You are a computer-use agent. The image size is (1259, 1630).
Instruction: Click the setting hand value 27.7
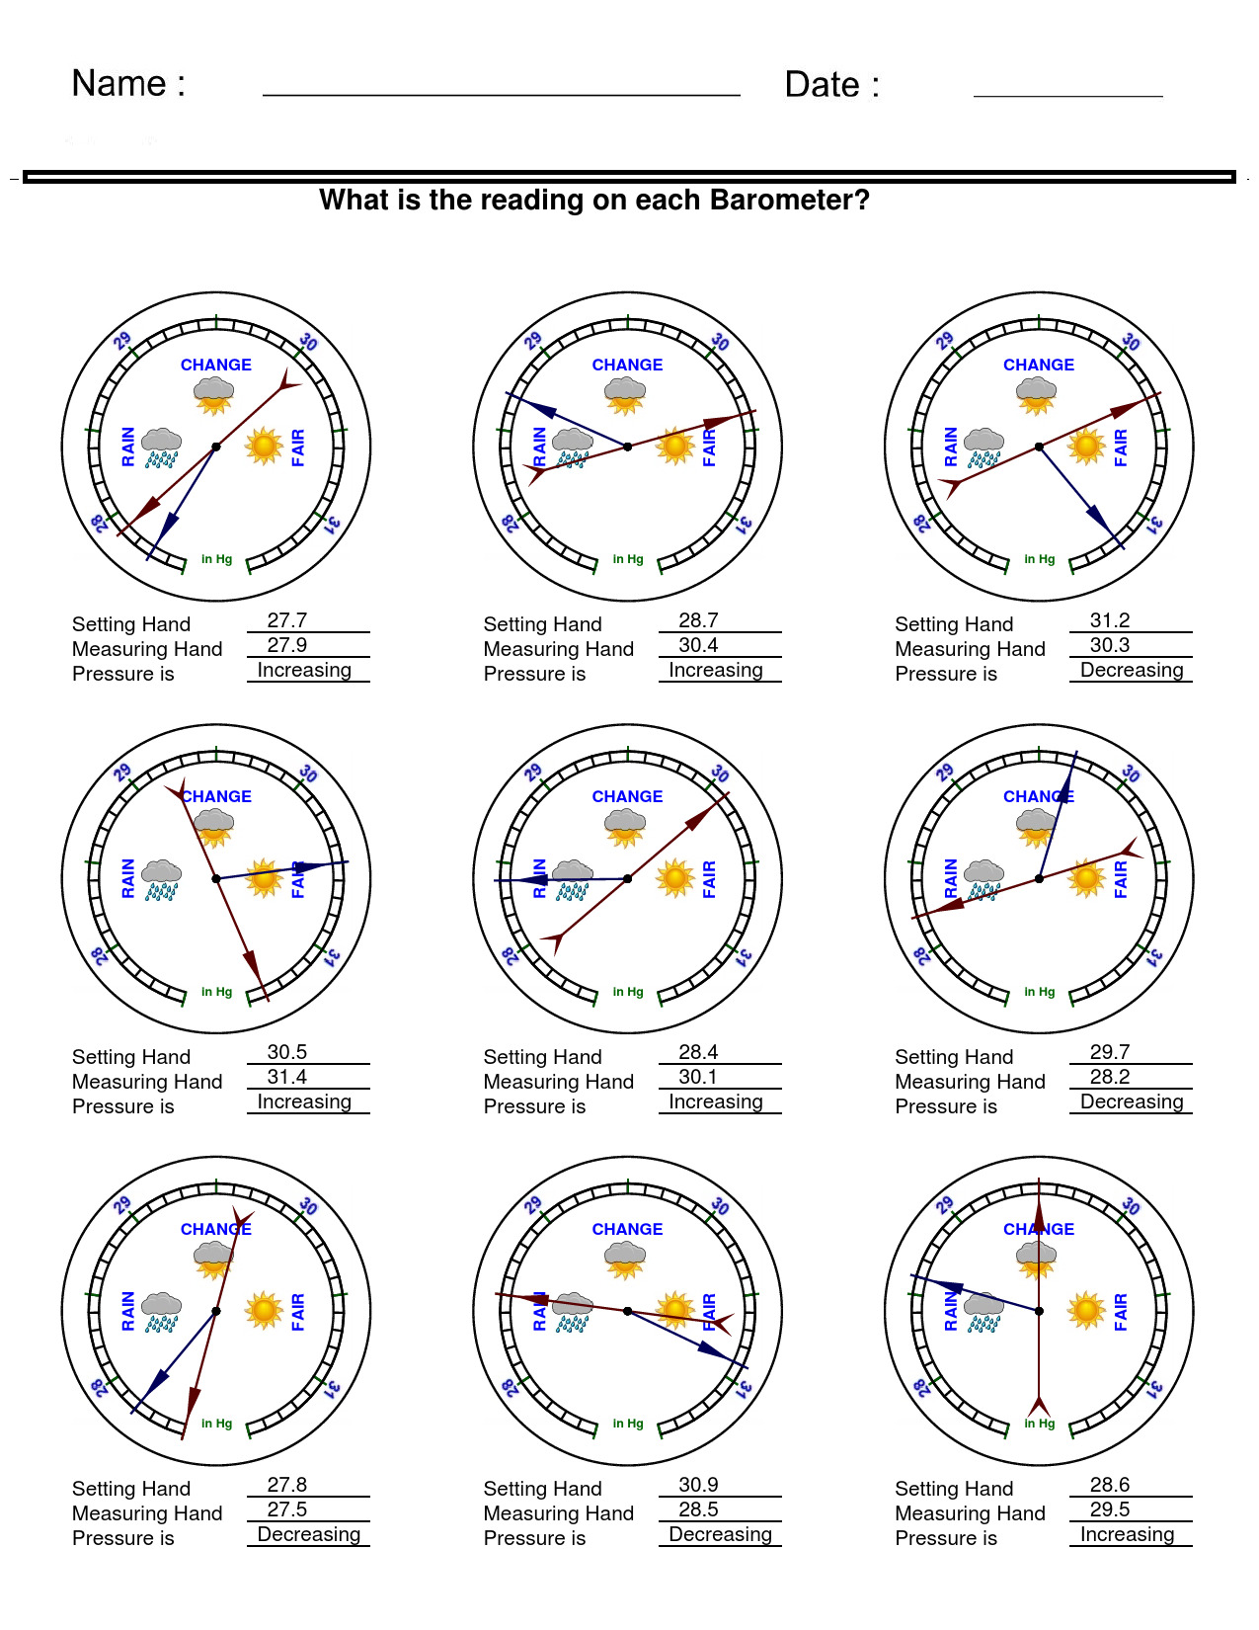[x=287, y=620]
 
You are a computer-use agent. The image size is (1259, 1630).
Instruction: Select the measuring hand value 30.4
[x=698, y=645]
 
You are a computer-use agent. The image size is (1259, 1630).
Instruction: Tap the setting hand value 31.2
[x=1110, y=620]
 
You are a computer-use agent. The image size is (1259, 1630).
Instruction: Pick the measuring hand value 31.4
[x=287, y=1077]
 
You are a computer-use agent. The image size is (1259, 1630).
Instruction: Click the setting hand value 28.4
[x=698, y=1052]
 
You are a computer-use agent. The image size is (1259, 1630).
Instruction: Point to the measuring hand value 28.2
[x=1110, y=1077]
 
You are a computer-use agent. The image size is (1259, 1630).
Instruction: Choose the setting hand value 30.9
[x=698, y=1485]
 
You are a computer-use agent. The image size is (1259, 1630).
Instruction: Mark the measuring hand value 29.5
[x=1110, y=1509]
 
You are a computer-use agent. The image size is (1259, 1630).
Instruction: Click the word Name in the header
[x=118, y=84]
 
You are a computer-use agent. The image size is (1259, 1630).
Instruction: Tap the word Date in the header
[x=822, y=85]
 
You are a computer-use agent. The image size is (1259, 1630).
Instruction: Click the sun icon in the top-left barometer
[x=264, y=446]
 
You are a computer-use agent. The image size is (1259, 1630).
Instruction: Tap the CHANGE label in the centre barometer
[x=627, y=796]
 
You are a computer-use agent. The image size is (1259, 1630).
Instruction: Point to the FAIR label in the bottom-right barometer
[x=1121, y=1311]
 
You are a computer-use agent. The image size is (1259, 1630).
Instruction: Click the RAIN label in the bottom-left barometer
[x=128, y=1311]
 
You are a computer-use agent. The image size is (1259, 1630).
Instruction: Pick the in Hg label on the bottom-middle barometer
[x=628, y=1424]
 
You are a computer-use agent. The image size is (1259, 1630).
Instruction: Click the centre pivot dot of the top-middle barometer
[x=628, y=447]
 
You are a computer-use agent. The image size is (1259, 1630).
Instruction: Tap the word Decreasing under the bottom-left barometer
[x=309, y=1534]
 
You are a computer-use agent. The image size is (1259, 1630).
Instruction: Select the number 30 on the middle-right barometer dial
[x=1131, y=774]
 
